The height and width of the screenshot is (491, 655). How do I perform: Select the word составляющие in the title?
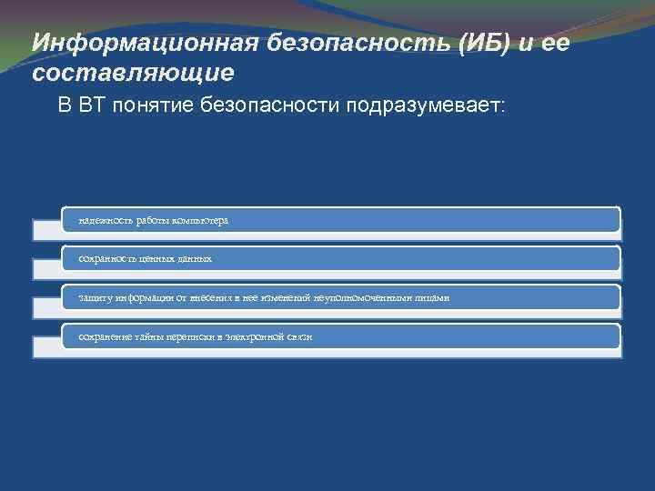(x=133, y=72)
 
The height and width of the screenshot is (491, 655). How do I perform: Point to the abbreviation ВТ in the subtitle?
(x=93, y=106)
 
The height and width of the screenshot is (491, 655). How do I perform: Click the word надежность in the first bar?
(x=105, y=221)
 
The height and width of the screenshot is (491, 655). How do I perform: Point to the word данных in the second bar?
(x=195, y=259)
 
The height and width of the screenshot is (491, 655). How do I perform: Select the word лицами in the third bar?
(x=433, y=298)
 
